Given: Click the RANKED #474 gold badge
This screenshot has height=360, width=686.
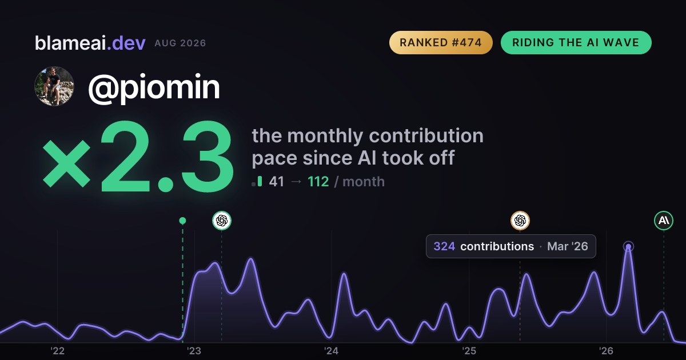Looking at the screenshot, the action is click(441, 42).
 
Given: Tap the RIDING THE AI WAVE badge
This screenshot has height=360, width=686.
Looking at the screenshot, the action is click(576, 42).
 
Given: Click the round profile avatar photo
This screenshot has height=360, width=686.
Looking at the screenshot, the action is click(54, 86).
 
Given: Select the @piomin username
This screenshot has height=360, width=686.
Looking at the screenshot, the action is click(154, 87).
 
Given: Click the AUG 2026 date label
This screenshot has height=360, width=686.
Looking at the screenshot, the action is click(180, 43).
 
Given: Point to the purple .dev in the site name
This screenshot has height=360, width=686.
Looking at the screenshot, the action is click(126, 43).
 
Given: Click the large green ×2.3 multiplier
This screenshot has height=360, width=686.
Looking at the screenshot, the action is click(138, 156).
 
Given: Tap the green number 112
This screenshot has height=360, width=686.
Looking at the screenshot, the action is click(318, 182).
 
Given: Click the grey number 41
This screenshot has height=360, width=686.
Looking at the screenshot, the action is click(277, 182).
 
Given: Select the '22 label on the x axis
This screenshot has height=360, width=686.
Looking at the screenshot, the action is click(57, 351).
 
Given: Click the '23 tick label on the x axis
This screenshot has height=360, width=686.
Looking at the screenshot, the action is click(194, 351).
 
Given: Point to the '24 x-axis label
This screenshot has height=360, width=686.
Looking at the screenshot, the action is click(332, 351).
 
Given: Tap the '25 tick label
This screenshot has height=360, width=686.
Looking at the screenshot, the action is click(469, 351).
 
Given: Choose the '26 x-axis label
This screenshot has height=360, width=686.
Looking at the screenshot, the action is click(606, 351).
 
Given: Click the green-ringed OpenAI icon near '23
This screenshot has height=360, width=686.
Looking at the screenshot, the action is click(222, 221).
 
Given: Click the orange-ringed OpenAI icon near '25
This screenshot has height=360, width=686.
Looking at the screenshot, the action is click(520, 221).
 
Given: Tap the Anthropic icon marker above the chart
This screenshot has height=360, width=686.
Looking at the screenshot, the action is click(664, 221).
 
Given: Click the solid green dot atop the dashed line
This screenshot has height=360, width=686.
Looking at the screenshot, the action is click(182, 221).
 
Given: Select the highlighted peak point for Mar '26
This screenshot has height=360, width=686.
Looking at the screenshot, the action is click(628, 246).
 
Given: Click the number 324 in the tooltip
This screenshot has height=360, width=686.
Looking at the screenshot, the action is click(444, 246).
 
